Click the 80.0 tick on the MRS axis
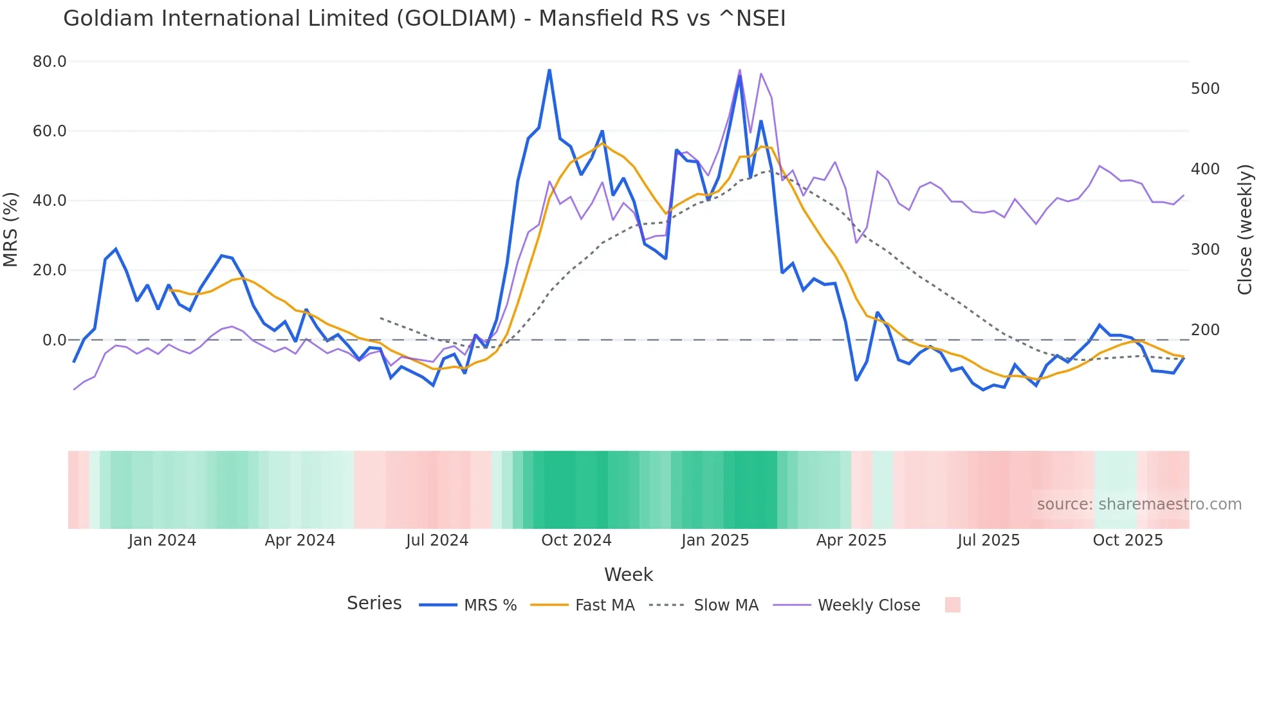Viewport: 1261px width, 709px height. click(50, 62)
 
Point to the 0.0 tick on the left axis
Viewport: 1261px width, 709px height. click(54, 340)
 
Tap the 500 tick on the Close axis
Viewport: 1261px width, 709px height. click(1205, 89)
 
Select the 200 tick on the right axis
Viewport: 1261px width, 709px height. click(1205, 330)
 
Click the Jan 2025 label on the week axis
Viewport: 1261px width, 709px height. click(715, 540)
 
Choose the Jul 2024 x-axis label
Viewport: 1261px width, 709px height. click(437, 540)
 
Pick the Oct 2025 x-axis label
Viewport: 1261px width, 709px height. click(1127, 540)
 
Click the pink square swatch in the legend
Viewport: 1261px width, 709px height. click(952, 605)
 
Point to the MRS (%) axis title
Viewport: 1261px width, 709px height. click(11, 230)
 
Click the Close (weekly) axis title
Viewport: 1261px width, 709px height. click(1245, 230)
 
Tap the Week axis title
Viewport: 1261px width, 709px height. click(628, 575)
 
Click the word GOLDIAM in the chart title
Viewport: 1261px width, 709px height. click(456, 19)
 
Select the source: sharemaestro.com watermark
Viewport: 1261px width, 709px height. click(1139, 504)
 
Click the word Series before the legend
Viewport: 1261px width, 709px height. click(374, 603)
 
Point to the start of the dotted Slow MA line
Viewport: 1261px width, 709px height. click(381, 318)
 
